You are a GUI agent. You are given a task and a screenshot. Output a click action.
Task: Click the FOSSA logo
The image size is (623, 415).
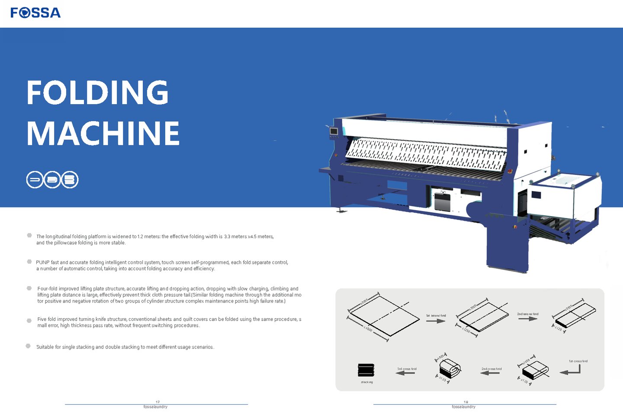[x=35, y=13]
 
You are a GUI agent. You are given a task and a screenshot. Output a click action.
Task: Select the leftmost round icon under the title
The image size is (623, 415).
[x=35, y=179]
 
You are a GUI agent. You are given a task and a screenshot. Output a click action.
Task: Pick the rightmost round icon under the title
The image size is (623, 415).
[x=70, y=179]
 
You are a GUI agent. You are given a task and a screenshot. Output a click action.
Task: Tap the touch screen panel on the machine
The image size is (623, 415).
[x=333, y=131]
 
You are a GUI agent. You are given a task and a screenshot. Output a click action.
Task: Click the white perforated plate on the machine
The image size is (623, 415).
[x=426, y=153]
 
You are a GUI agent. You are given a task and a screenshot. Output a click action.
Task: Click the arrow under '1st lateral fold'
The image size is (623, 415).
[x=436, y=321]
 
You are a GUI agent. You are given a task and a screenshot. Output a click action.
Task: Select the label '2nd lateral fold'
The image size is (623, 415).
[x=528, y=314]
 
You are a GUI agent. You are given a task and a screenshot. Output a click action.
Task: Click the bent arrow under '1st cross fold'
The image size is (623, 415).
[x=571, y=370]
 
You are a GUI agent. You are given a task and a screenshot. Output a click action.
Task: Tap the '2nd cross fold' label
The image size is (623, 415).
[x=491, y=369]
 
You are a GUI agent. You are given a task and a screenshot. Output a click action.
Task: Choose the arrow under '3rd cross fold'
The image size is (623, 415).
[x=405, y=373]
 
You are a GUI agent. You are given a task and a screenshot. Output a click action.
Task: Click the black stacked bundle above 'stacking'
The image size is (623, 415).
[x=366, y=370]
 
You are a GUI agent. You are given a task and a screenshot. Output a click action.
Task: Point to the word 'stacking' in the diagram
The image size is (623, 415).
[x=367, y=382]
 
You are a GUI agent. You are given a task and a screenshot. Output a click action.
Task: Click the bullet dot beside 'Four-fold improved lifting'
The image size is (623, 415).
[x=29, y=288]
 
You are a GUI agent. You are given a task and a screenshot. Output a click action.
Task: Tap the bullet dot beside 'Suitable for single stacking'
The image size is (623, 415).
[x=28, y=346]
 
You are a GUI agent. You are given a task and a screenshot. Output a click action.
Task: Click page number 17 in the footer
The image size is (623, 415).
[x=157, y=402]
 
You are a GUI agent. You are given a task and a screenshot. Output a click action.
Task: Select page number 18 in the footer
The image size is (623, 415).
[x=466, y=402]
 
